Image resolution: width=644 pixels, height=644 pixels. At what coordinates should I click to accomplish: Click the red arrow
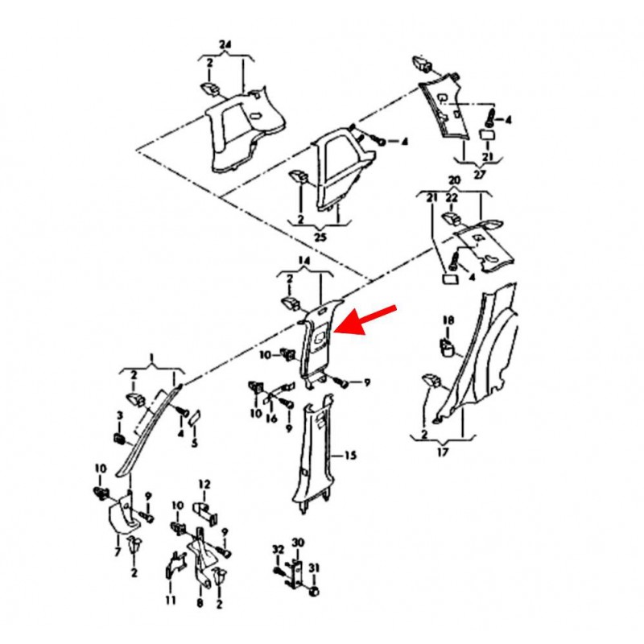pyautogui.click(x=365, y=320)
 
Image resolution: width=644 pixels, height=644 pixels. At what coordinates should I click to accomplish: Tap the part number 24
pyautogui.click(x=225, y=45)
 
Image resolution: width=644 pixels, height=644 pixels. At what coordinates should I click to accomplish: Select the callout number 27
pyautogui.click(x=479, y=174)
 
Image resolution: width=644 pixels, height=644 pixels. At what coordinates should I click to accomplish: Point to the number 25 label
pyautogui.click(x=320, y=237)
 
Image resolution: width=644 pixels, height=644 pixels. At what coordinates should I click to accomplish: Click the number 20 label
pyautogui.click(x=454, y=180)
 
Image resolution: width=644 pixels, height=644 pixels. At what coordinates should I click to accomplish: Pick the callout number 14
pyautogui.click(x=304, y=261)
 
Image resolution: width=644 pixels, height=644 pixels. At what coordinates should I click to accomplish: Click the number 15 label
pyautogui.click(x=350, y=456)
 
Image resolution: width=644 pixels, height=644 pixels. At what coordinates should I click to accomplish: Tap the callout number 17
pyautogui.click(x=443, y=452)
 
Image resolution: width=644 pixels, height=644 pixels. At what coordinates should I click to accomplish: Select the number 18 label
pyautogui.click(x=448, y=320)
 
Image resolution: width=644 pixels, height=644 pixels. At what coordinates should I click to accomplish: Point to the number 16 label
pyautogui.click(x=271, y=419)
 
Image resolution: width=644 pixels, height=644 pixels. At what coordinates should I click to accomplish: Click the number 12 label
pyautogui.click(x=204, y=485)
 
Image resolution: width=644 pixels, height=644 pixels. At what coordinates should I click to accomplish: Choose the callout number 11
pyautogui.click(x=171, y=600)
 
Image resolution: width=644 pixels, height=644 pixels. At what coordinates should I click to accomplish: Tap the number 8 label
pyautogui.click(x=200, y=603)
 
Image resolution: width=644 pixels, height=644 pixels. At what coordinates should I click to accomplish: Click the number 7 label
pyautogui.click(x=118, y=551)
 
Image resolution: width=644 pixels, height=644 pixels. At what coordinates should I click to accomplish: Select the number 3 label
pyautogui.click(x=119, y=415)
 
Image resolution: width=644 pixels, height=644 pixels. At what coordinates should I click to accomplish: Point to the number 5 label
pyautogui.click(x=194, y=444)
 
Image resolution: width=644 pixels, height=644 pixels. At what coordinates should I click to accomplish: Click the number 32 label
pyautogui.click(x=278, y=550)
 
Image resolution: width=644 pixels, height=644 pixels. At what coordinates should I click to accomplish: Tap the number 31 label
pyautogui.click(x=314, y=568)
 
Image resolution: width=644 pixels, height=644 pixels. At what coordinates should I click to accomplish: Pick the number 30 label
pyautogui.click(x=298, y=543)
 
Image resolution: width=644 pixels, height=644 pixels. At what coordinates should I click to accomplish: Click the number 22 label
pyautogui.click(x=452, y=198)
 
